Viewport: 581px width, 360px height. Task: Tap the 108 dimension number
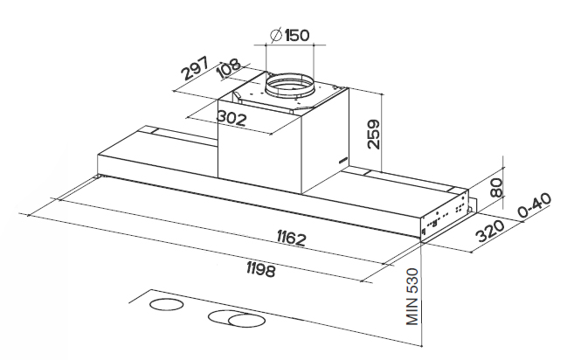click(x=230, y=68)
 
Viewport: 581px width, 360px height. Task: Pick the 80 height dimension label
click(x=497, y=186)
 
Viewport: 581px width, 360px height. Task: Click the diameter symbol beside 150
click(x=274, y=36)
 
